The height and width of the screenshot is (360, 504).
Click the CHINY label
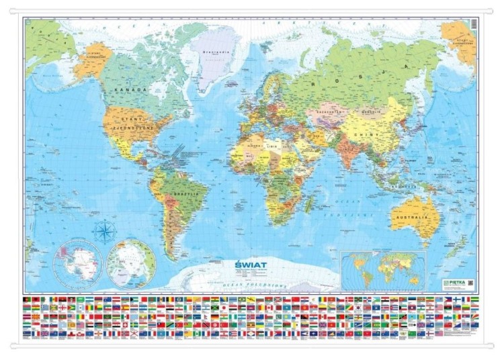coord(378,135)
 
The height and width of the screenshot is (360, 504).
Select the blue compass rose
coord(106,233)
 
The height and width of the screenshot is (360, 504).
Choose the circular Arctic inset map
coord(132,263)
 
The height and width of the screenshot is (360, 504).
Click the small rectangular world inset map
coord(383,270)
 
